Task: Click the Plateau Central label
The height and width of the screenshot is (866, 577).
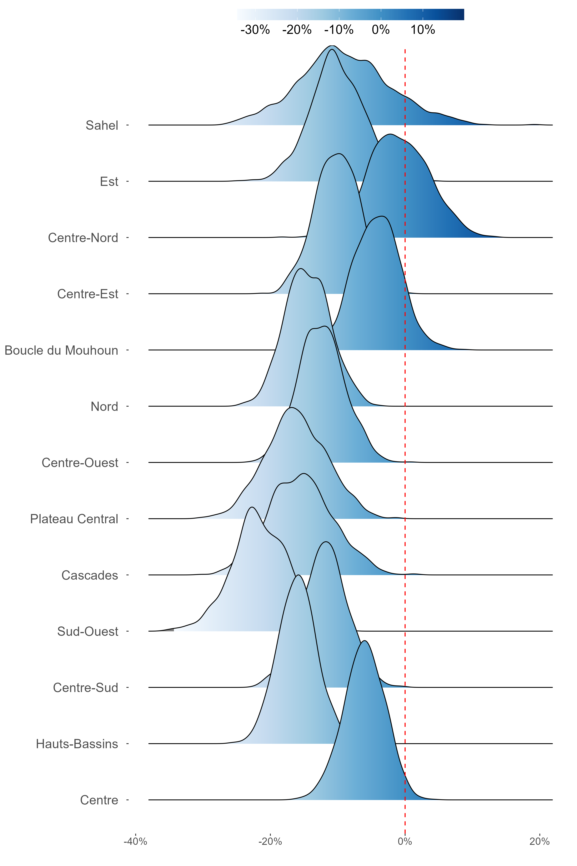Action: click(74, 519)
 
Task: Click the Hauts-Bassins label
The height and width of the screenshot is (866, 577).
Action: click(77, 744)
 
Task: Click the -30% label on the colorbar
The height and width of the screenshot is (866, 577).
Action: click(255, 30)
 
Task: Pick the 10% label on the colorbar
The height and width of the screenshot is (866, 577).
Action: click(423, 30)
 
